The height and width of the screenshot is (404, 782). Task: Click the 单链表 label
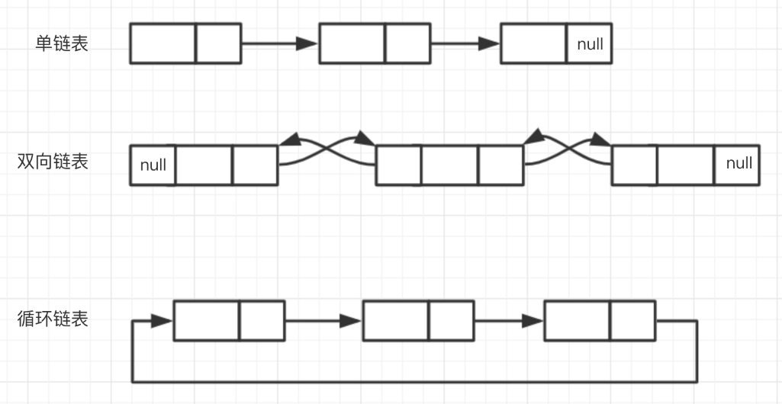click(x=62, y=43)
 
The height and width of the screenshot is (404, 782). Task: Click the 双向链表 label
click(x=53, y=162)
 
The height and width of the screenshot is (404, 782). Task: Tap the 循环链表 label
click(x=53, y=318)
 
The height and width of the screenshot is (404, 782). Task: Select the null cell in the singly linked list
click(x=589, y=43)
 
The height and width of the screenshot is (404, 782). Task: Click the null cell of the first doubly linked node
click(x=153, y=165)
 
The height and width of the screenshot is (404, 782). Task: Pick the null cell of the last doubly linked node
click(x=738, y=163)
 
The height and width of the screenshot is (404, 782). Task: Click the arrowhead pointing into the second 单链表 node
click(x=307, y=43)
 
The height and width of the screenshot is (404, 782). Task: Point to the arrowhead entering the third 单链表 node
click(x=489, y=43)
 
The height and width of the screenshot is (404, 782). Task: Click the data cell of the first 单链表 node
click(x=163, y=43)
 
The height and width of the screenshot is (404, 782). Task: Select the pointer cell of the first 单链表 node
click(x=218, y=43)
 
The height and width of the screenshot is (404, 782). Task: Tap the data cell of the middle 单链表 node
click(x=352, y=43)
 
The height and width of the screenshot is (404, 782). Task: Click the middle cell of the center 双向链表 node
click(x=450, y=165)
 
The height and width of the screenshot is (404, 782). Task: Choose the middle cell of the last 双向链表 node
click(x=686, y=165)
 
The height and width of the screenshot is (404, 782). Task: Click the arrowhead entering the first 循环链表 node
click(x=162, y=321)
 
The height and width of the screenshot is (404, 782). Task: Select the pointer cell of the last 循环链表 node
click(x=632, y=321)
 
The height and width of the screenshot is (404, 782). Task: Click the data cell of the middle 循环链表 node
click(x=395, y=321)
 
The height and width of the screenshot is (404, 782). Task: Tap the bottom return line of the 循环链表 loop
click(x=412, y=380)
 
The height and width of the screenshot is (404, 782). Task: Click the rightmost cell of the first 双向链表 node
click(x=255, y=165)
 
